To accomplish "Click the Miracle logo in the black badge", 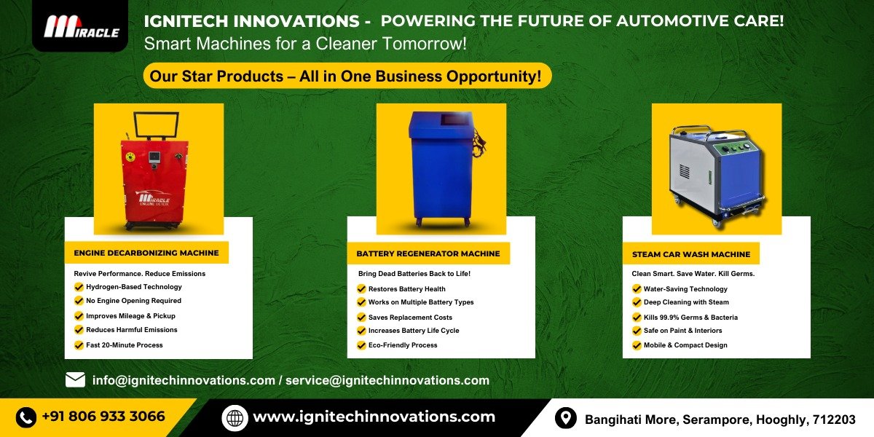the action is tap(81, 26).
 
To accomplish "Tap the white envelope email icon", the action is tap(75, 379).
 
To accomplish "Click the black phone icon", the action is tap(25, 417).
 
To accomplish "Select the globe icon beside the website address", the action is tap(235, 418).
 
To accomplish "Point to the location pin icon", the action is tap(565, 418).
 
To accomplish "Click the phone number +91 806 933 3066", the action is tap(103, 417).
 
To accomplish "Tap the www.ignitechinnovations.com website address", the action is tap(374, 417).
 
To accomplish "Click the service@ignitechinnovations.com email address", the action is tap(387, 380).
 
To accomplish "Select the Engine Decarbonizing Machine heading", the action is tap(146, 253).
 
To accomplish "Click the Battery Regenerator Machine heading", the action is tap(428, 253).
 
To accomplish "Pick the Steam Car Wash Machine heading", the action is tap(691, 254).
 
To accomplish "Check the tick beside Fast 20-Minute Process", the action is tap(79, 345).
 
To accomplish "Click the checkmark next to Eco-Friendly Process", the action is tap(361, 345).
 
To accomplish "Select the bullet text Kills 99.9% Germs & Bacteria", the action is tap(690, 318).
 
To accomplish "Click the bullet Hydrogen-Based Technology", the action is tap(134, 287).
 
